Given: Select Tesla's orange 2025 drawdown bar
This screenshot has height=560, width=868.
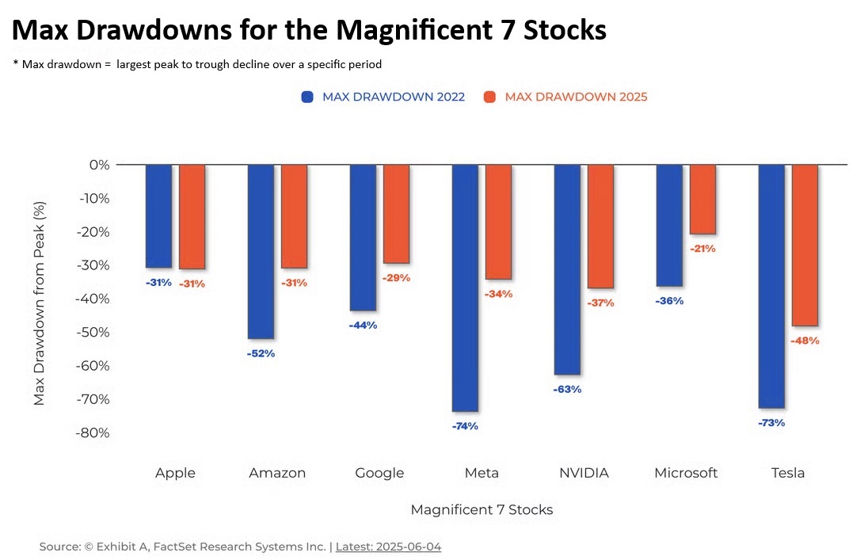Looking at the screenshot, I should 805,245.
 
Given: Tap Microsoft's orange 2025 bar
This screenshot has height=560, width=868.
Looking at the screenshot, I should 702,199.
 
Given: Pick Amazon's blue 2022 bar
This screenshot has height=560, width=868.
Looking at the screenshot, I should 261,251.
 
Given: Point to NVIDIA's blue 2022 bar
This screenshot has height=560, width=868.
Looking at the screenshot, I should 567,269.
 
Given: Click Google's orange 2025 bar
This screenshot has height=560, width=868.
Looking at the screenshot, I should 396,214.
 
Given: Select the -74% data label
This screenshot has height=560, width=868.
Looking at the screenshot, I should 465,426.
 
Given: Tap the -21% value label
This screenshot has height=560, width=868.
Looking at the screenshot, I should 702,248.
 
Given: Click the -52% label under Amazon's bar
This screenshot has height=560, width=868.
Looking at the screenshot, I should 261,353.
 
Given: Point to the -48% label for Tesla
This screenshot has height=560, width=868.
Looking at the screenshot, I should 805,341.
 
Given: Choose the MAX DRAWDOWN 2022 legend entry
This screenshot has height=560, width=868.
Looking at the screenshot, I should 383,97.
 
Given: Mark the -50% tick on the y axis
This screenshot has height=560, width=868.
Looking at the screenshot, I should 94,332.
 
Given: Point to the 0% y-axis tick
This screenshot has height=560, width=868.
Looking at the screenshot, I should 99,165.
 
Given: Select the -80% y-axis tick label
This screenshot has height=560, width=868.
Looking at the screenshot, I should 94,432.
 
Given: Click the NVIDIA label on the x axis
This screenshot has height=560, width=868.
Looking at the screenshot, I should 584,473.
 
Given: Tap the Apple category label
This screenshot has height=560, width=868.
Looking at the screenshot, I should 175,473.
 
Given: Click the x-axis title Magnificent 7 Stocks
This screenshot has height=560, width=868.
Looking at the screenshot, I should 482,509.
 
